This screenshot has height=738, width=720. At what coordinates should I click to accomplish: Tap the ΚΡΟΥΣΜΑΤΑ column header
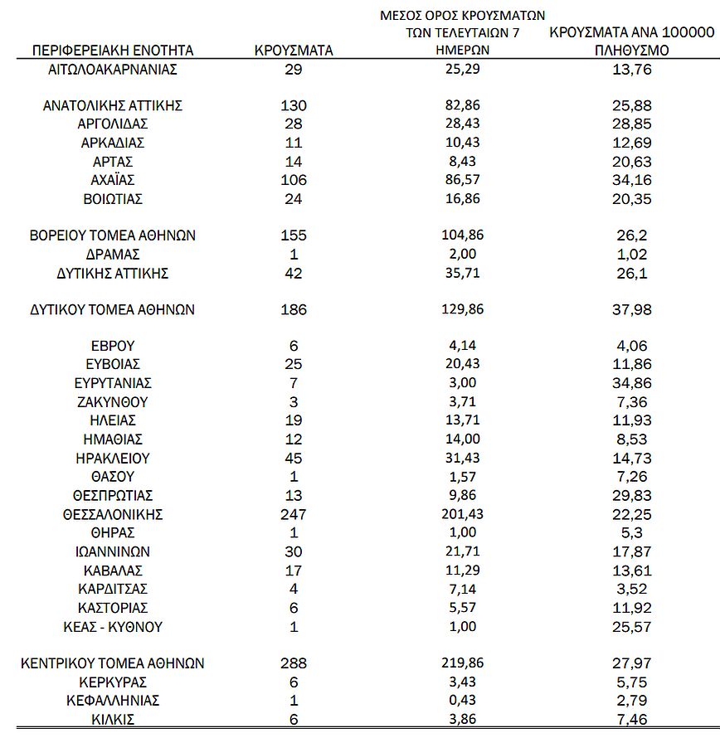click(294, 51)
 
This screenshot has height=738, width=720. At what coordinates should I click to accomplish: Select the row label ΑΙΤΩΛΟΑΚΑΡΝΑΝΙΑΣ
click(113, 70)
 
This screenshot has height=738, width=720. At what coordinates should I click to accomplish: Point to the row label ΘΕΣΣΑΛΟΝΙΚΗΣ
click(113, 515)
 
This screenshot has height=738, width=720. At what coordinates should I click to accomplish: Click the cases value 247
click(294, 515)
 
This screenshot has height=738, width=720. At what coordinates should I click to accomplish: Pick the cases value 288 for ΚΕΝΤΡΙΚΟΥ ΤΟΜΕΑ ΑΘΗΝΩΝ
click(294, 663)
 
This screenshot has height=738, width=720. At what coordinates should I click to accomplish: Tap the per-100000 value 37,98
click(631, 310)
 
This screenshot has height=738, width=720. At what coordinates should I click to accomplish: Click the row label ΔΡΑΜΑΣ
click(113, 255)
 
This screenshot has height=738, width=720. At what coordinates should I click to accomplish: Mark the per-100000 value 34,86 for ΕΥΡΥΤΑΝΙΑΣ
click(631, 384)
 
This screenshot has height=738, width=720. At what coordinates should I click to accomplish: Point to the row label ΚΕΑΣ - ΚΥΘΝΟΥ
click(113, 627)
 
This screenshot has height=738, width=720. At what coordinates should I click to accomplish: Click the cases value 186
click(294, 310)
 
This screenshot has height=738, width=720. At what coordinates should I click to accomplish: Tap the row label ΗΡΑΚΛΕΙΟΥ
click(113, 459)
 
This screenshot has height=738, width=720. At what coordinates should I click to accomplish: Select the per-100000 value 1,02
click(631, 255)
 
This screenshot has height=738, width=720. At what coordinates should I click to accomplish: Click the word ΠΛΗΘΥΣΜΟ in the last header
click(631, 51)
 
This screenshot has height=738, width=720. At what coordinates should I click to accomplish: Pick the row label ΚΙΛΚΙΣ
click(113, 720)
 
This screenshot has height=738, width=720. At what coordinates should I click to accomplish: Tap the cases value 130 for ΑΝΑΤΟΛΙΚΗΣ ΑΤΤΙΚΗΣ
click(294, 105)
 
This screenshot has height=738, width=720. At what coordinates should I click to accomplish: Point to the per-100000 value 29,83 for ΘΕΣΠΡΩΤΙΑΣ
click(631, 496)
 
